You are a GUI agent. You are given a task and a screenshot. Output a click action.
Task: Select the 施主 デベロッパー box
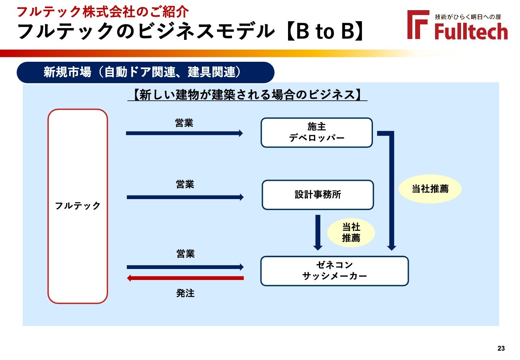coord(316,132)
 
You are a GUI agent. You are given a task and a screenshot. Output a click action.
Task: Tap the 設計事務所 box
coord(318,195)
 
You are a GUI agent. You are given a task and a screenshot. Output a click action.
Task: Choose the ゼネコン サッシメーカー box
coord(334,271)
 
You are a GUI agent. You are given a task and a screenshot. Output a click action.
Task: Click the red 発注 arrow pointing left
coord(185,278)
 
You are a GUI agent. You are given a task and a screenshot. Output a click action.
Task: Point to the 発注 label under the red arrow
coord(185,293)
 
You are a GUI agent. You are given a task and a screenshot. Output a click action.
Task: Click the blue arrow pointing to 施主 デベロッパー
coord(184,133)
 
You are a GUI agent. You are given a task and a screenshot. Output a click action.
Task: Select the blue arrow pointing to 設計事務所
coord(185,197)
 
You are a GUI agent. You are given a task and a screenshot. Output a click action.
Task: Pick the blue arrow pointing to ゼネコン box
coord(185,267)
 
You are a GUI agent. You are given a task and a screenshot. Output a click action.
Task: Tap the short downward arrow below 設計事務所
coord(318,232)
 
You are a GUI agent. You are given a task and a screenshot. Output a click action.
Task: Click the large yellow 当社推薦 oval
coord(430,189)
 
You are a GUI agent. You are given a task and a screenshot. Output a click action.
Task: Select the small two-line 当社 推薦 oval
coord(351,232)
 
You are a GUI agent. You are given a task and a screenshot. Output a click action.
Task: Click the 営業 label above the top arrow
coord(184,123)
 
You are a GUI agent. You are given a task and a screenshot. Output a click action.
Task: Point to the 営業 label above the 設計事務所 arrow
coord(185,184)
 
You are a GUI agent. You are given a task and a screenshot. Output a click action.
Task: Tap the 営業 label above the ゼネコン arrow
coord(186,254)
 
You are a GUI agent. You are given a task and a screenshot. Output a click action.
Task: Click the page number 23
coord(501,348)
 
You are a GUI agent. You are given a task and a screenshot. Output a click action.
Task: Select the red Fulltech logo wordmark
coord(471,31)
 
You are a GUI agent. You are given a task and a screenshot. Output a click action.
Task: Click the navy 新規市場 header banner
coord(145,72)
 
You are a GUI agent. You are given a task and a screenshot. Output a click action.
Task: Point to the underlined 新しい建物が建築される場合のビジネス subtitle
coord(247,95)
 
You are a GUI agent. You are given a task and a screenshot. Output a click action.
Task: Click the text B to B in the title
coord(325,31)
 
